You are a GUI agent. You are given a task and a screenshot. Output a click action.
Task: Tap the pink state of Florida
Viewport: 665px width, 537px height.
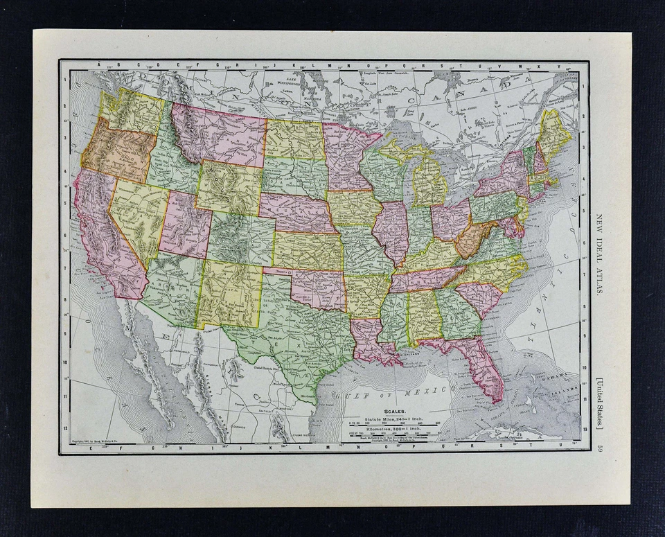pos(485,367)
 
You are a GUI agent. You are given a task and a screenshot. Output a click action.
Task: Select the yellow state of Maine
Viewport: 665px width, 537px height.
pos(554,132)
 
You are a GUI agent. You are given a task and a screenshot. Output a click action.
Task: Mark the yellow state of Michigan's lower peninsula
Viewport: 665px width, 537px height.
pos(428,184)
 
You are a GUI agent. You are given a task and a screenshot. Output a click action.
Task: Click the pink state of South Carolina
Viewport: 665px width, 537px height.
pos(480,297)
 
